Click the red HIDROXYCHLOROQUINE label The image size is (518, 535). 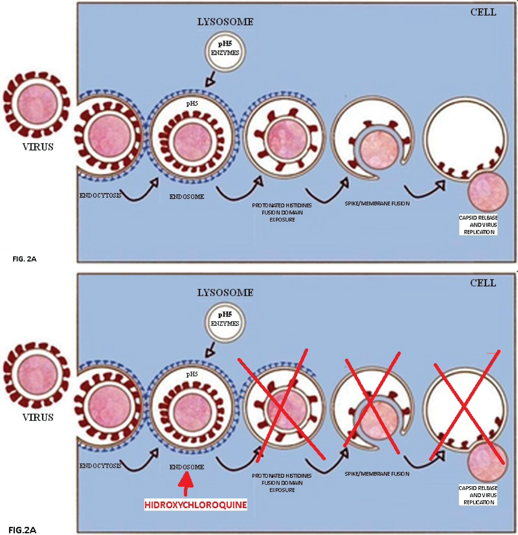pyautogui.click(x=195, y=505)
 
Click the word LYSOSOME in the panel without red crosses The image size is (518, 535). pyautogui.click(x=225, y=22)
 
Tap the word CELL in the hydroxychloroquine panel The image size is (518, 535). pyautogui.click(x=483, y=283)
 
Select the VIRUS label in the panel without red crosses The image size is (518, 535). pyautogui.click(x=38, y=147)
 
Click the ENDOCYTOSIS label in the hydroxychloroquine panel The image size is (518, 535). pyautogui.click(x=100, y=466)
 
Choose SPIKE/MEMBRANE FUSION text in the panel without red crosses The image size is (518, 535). pyautogui.click(x=377, y=204)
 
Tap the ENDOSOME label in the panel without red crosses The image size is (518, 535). pyautogui.click(x=186, y=197)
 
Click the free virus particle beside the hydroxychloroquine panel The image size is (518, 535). pyautogui.click(x=37, y=375)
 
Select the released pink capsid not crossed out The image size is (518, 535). pyautogui.click(x=488, y=192)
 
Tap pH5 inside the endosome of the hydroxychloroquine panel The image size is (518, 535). pyautogui.click(x=192, y=374)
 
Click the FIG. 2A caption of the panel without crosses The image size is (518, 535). pyautogui.click(x=25, y=259)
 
